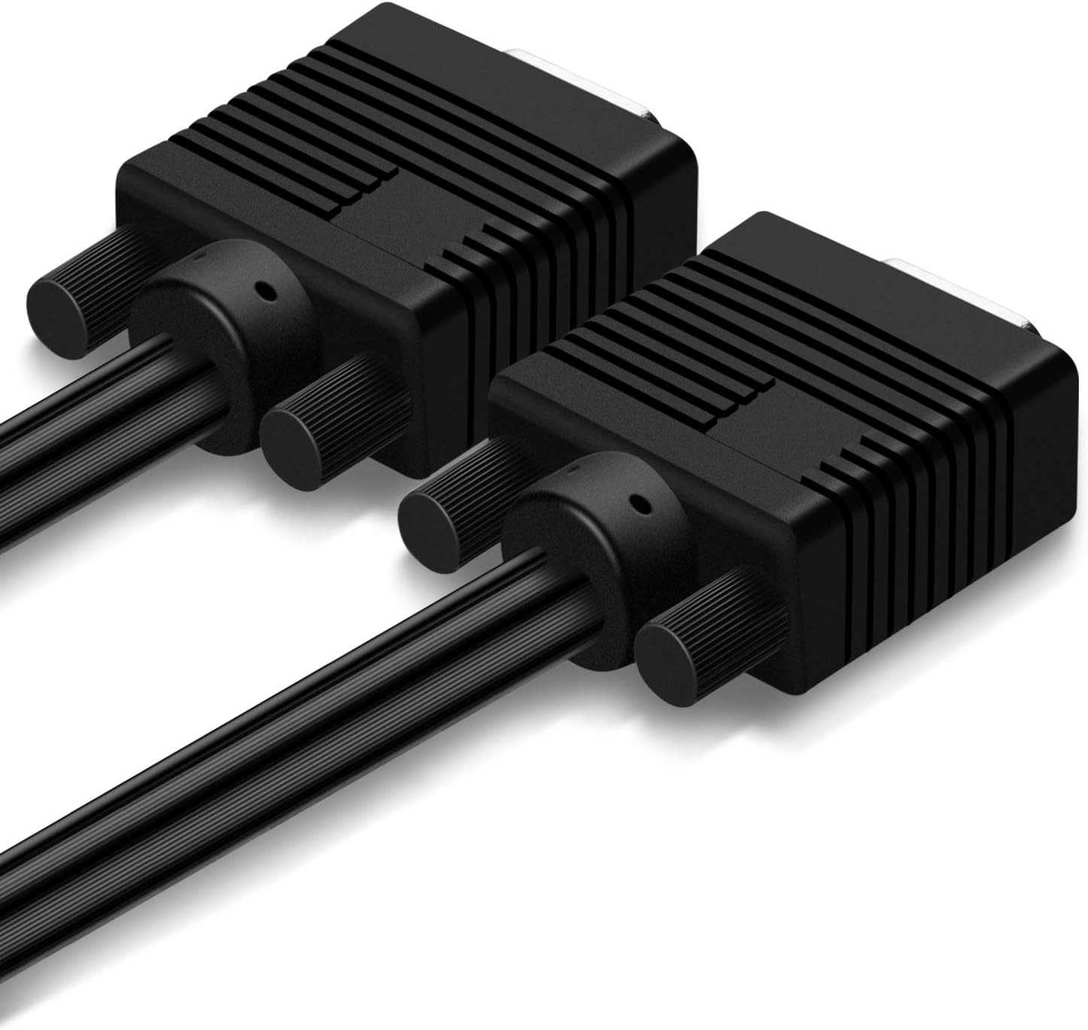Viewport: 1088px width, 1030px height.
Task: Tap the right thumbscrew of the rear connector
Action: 301,440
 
